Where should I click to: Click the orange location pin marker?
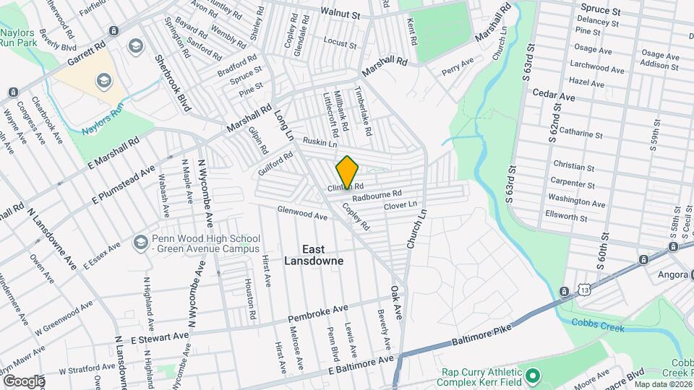pos(348,172)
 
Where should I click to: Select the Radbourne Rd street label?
pos(377,196)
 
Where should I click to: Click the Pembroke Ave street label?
pos(319,315)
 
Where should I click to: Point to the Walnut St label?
pos(342,14)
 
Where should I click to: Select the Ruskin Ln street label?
pos(320,143)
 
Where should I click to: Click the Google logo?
pos(23,381)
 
